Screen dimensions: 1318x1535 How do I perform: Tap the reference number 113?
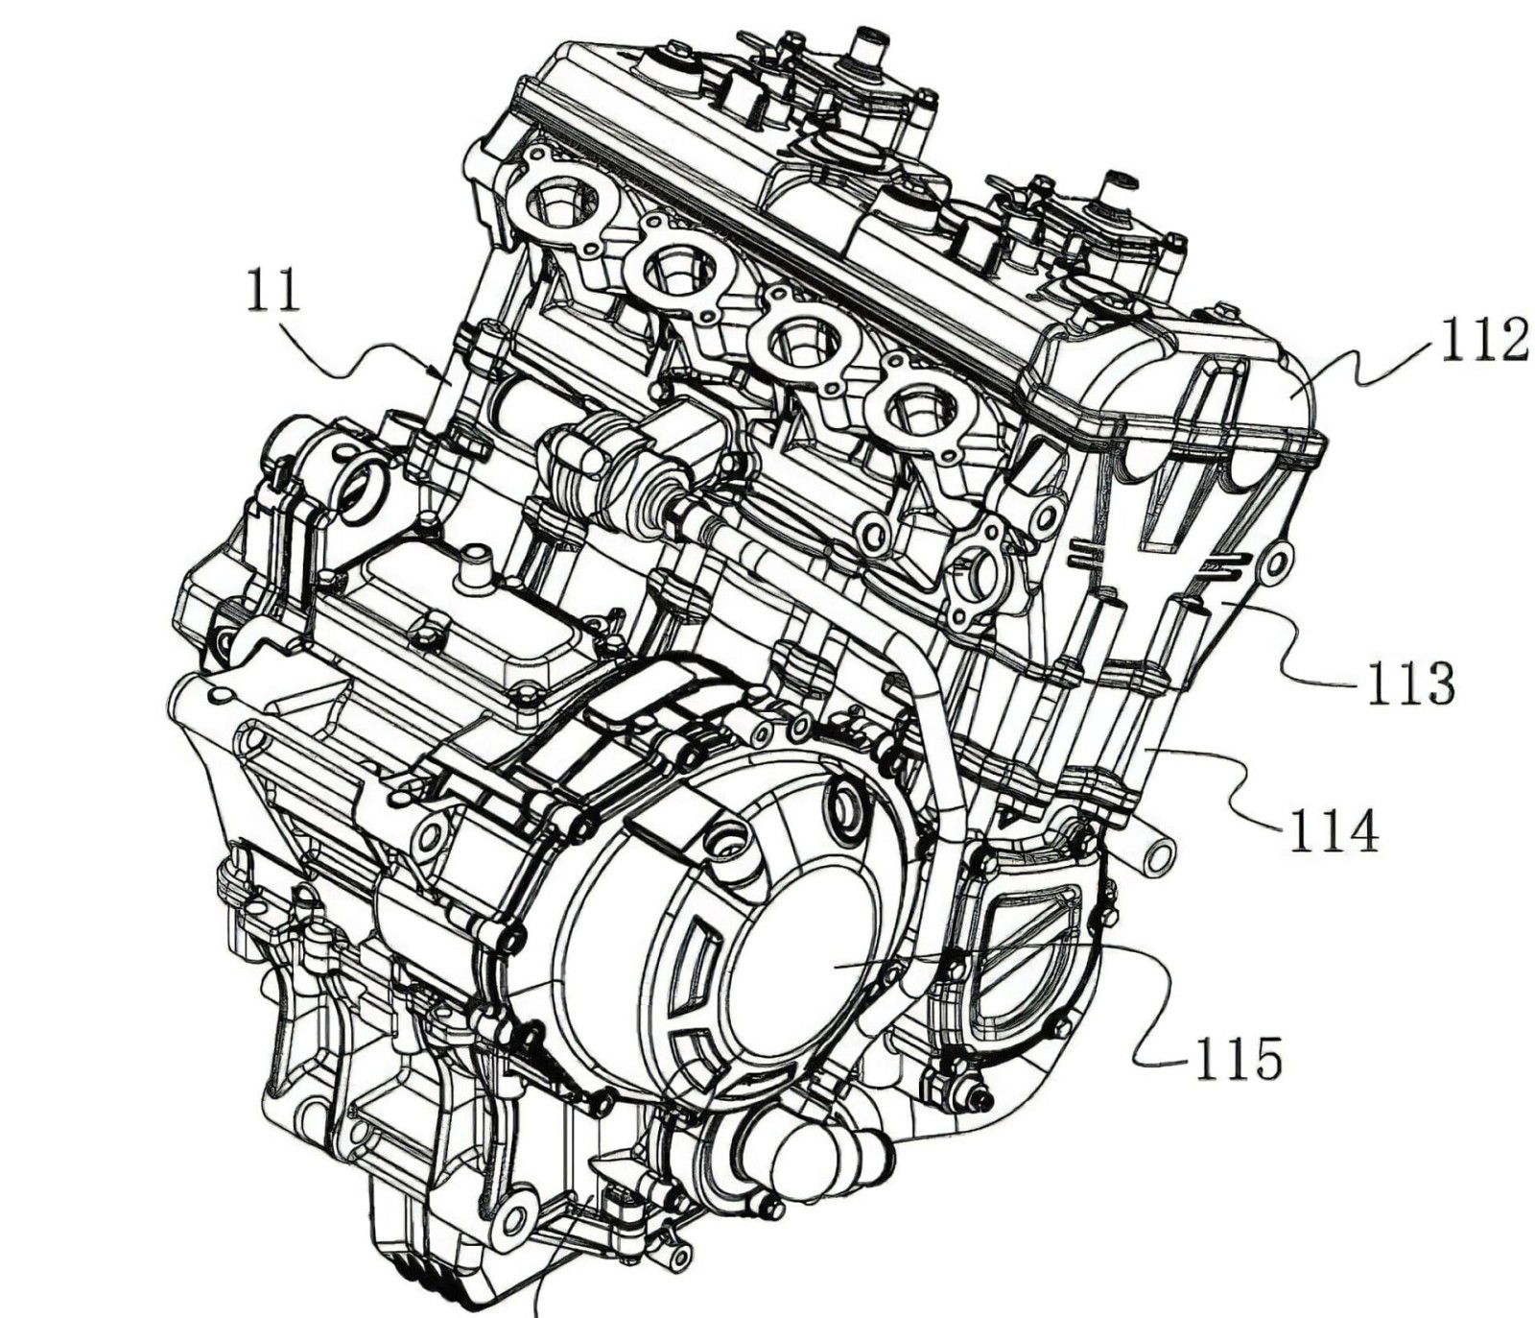1408,683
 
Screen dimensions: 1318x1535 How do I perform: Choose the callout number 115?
1238,1060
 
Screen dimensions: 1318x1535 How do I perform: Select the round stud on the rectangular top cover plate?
472,569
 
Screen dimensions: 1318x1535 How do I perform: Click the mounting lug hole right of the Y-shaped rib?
1275,563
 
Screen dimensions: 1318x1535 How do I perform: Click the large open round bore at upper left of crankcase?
360,490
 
